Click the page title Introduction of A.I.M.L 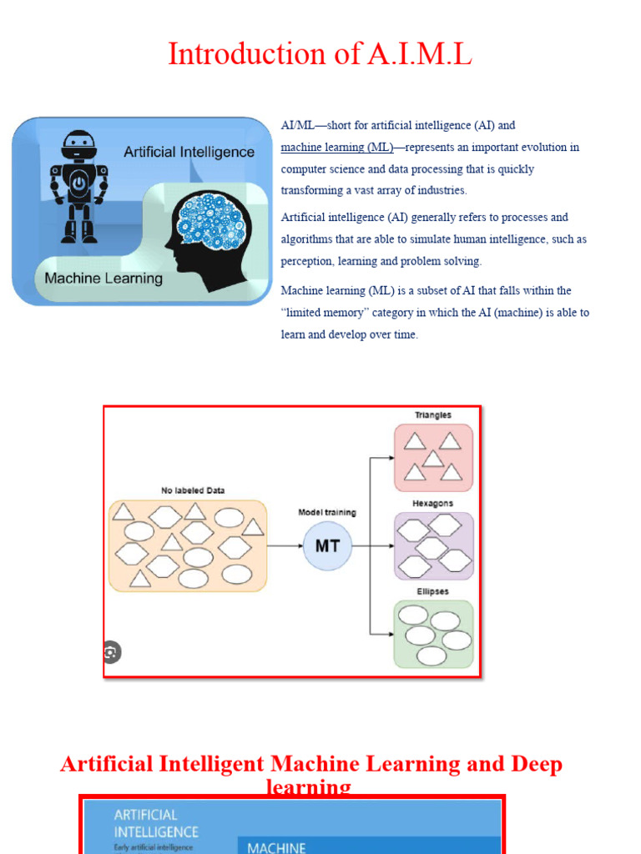click(x=320, y=54)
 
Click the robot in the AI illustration click(x=78, y=185)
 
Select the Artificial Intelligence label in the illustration click(x=189, y=152)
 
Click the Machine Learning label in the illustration click(x=103, y=279)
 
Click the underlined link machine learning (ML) click(x=336, y=148)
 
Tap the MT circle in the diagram click(x=327, y=547)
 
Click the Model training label click(x=327, y=512)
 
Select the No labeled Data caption click(x=193, y=490)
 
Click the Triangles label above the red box click(x=433, y=414)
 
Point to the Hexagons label click(x=433, y=504)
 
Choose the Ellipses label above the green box click(x=433, y=591)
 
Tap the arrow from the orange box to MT click(x=285, y=547)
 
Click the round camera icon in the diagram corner click(x=111, y=652)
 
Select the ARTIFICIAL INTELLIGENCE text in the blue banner click(x=156, y=823)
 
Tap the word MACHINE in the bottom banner click(x=276, y=847)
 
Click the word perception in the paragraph click(x=310, y=261)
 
